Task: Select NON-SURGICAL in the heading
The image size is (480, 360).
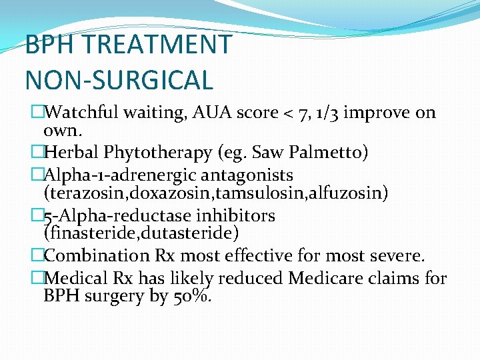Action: point(119,79)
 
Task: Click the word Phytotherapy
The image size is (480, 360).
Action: point(158,153)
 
